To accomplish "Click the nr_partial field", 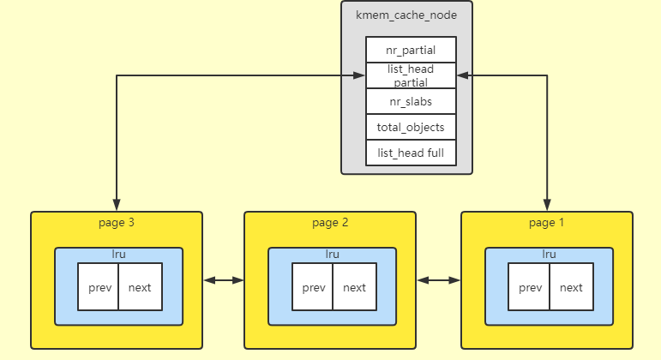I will [411, 50].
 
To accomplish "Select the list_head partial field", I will [411, 75].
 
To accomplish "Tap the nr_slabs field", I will [411, 101].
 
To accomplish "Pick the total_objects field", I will [411, 127].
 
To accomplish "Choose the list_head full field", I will [411, 153].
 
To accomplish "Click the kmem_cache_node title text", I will [406, 15].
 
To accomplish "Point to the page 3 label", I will [117, 223].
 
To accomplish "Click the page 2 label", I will [330, 223].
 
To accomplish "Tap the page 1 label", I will [547, 223].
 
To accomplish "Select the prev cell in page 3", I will [98, 287].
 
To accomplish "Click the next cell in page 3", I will [139, 287].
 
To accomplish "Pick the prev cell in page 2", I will [313, 287].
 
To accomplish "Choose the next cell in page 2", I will [353, 287].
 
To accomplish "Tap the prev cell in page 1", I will [529, 287].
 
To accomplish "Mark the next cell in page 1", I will [571, 287].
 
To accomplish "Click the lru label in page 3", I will [118, 255].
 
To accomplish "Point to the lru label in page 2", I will [333, 255].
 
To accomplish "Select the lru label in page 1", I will [550, 255].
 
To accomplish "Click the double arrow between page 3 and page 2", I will [224, 279].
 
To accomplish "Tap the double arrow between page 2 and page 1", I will [439, 279].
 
